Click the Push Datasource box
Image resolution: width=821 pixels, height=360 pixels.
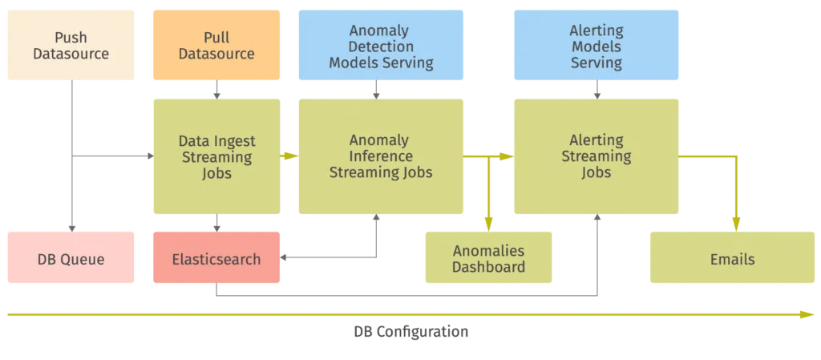[70, 46]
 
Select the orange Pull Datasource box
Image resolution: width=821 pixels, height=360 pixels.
[216, 46]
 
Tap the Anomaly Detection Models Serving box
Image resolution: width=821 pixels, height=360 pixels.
[381, 46]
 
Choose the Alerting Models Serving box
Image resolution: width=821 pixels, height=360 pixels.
[597, 46]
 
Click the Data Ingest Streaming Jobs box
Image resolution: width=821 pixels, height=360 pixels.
[216, 156]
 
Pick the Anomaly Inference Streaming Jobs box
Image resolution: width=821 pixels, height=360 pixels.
[381, 156]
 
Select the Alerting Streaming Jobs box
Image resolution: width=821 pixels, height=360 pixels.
[597, 156]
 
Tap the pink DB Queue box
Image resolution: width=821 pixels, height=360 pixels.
[70, 259]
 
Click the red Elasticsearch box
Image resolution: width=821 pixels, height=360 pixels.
[216, 259]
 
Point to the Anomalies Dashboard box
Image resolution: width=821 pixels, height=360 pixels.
[488, 259]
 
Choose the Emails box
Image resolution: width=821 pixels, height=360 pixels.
[732, 259]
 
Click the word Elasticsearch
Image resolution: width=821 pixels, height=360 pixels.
[216, 260]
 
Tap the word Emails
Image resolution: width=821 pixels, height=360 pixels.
[732, 260]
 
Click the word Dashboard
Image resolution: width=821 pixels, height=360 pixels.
[489, 268]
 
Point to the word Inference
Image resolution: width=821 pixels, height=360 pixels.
[381, 156]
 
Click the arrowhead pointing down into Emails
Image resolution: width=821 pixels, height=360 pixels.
[737, 224]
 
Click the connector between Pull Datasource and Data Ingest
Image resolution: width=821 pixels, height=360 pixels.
[216, 90]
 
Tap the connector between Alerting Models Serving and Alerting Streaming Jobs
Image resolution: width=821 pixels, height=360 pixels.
[597, 90]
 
